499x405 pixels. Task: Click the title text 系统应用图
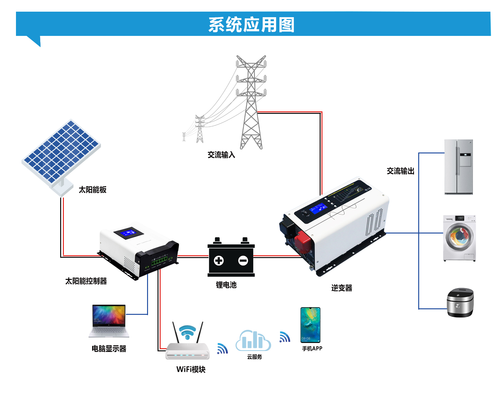[251, 25]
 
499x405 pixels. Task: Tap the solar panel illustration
[61, 152]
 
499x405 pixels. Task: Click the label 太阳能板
[92, 190]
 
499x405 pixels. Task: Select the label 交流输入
[221, 155]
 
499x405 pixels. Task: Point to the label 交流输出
[400, 171]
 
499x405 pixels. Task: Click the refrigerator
[458, 167]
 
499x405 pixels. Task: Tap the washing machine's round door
[459, 237]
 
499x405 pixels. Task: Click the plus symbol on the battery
[219, 261]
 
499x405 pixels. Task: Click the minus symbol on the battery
[243, 261]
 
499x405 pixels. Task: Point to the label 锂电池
[226, 285]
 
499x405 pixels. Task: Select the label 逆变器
[341, 288]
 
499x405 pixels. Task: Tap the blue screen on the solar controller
[128, 233]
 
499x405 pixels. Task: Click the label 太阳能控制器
[86, 281]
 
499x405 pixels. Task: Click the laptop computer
[109, 321]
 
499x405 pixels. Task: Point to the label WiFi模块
[191, 369]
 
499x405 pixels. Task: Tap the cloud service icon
[253, 341]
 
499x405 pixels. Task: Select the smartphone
[310, 325]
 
